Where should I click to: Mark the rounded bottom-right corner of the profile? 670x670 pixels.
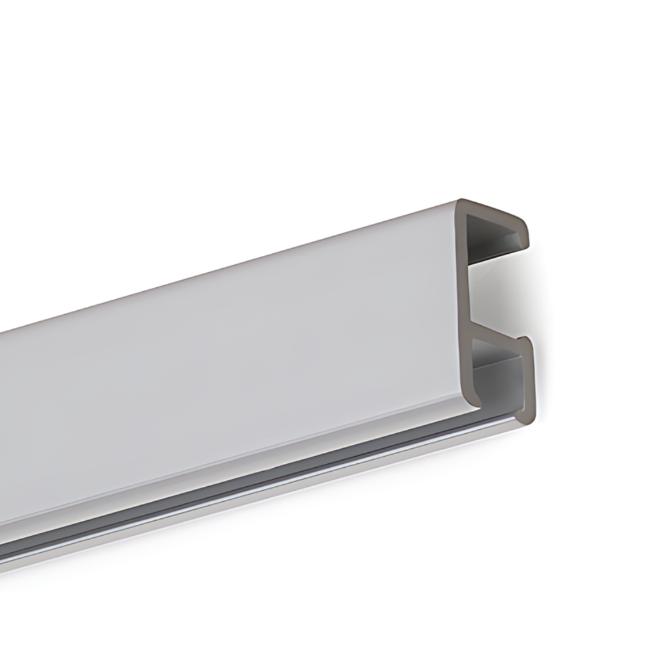click(527, 416)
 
